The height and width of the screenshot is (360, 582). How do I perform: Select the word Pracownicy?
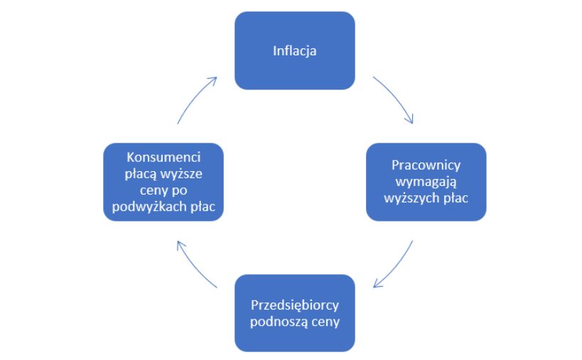pyautogui.click(x=426, y=165)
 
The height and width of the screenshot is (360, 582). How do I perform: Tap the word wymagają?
pyautogui.click(x=426, y=181)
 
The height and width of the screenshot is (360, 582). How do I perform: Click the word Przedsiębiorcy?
pyautogui.click(x=294, y=306)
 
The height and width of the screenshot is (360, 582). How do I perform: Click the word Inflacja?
pyautogui.click(x=294, y=50)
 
